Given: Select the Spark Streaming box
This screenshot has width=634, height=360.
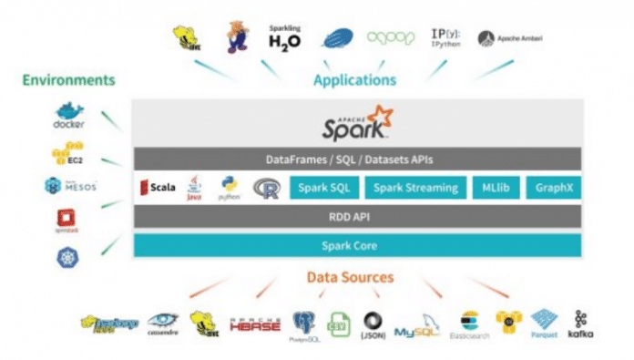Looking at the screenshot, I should click(415, 190).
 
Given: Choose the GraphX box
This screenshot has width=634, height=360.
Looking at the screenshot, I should click(555, 190).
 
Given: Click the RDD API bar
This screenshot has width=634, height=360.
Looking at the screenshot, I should click(355, 217).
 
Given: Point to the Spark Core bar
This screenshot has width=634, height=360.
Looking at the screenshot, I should click(355, 245).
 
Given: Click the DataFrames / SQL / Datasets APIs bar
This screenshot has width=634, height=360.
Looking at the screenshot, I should click(355, 159).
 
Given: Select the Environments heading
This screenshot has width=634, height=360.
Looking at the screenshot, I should click(69, 80).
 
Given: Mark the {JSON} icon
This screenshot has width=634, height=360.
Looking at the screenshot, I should click(373, 325).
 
